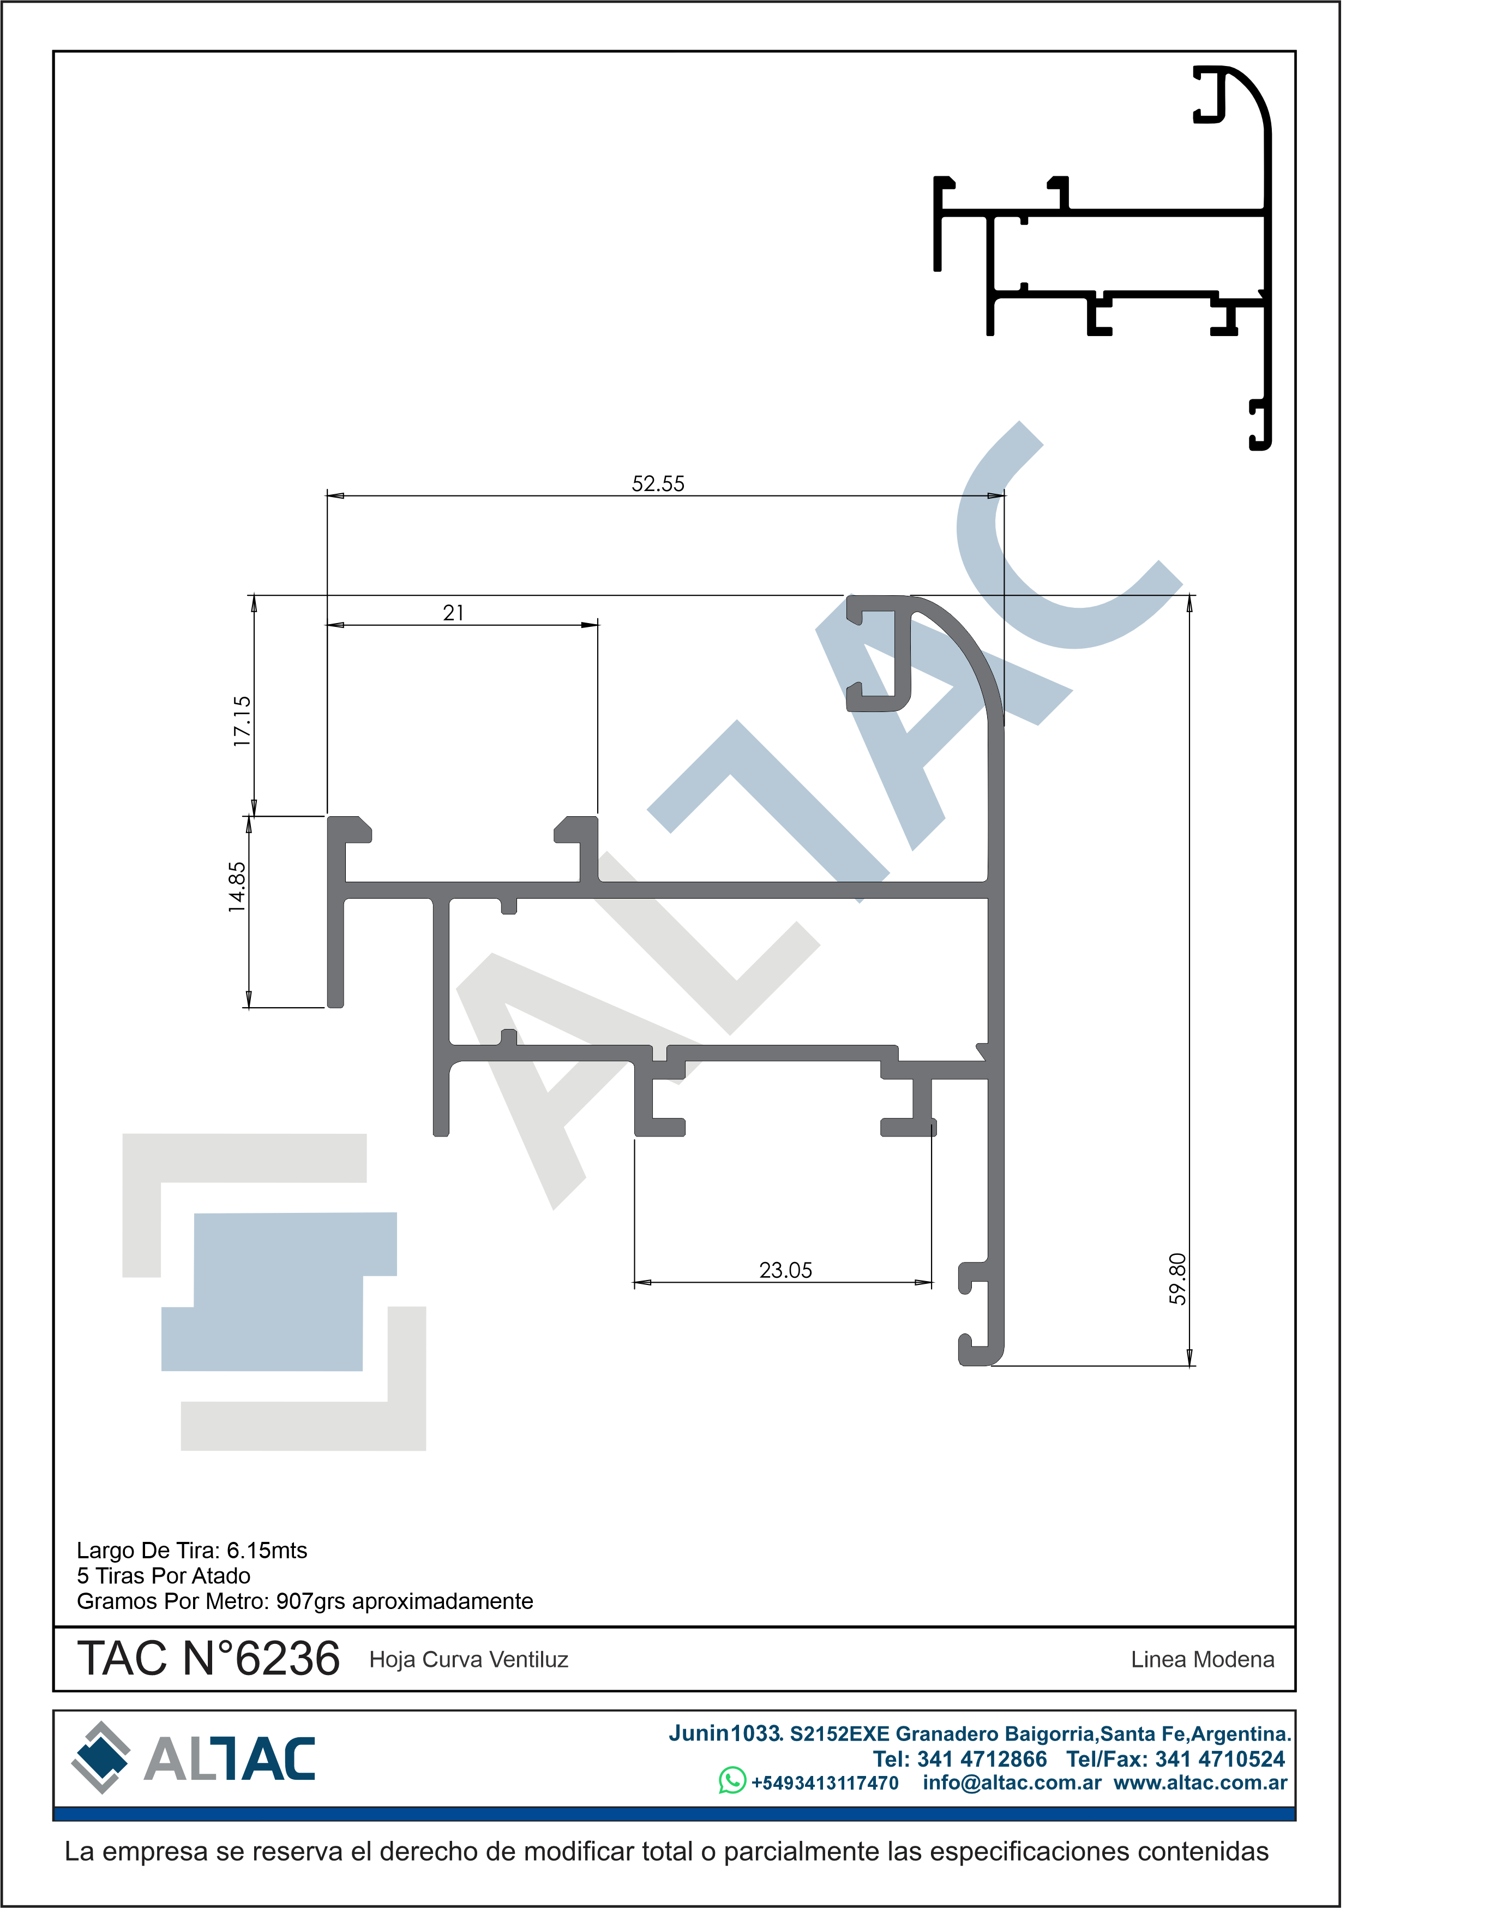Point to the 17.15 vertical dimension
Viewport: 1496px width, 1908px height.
click(x=242, y=721)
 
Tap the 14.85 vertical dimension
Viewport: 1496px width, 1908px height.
click(x=237, y=887)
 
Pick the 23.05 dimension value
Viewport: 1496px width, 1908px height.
click(x=786, y=1270)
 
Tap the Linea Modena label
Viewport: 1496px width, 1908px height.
click(x=1203, y=1660)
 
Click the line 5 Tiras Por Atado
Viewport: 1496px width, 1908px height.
click(x=164, y=1576)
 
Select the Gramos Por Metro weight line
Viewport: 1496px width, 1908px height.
click(x=305, y=1601)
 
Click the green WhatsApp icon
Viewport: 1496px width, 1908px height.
click(x=732, y=1780)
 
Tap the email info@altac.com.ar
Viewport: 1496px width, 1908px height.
click(x=1012, y=1783)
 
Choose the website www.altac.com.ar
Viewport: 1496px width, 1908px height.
click(x=1200, y=1783)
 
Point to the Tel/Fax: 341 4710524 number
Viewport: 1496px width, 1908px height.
click(x=1175, y=1759)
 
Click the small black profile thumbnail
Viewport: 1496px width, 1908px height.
click(x=1102, y=258)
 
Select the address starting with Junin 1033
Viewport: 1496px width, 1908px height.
click(x=980, y=1733)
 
